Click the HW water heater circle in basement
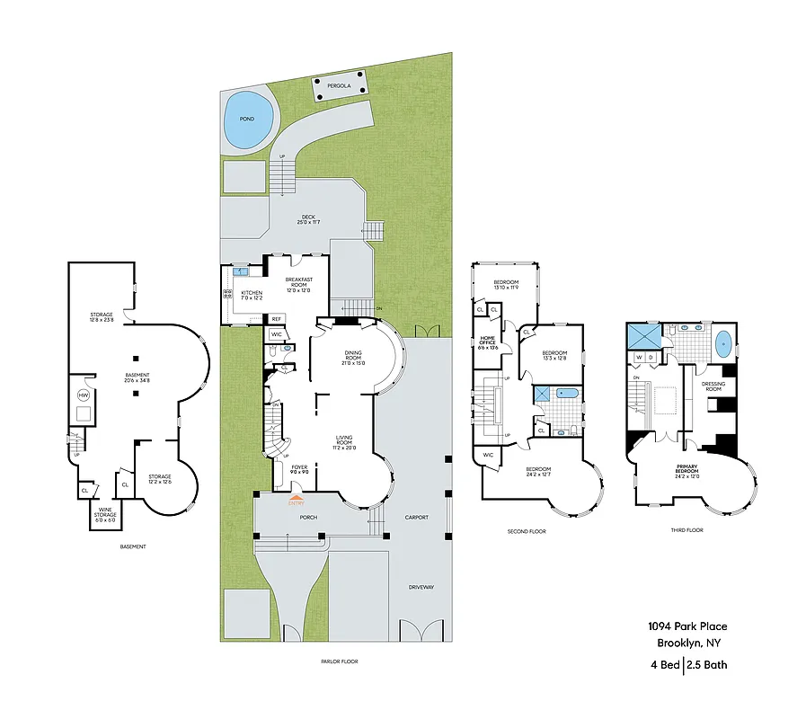pyautogui.click(x=84, y=395)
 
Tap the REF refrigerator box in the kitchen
pyautogui.click(x=277, y=319)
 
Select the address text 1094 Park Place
pyautogui.click(x=687, y=626)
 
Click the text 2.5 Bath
pyautogui.click(x=707, y=665)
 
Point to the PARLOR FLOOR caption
pyautogui.click(x=339, y=661)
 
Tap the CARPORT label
pyautogui.click(x=416, y=517)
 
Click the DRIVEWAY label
pyautogui.click(x=421, y=587)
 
